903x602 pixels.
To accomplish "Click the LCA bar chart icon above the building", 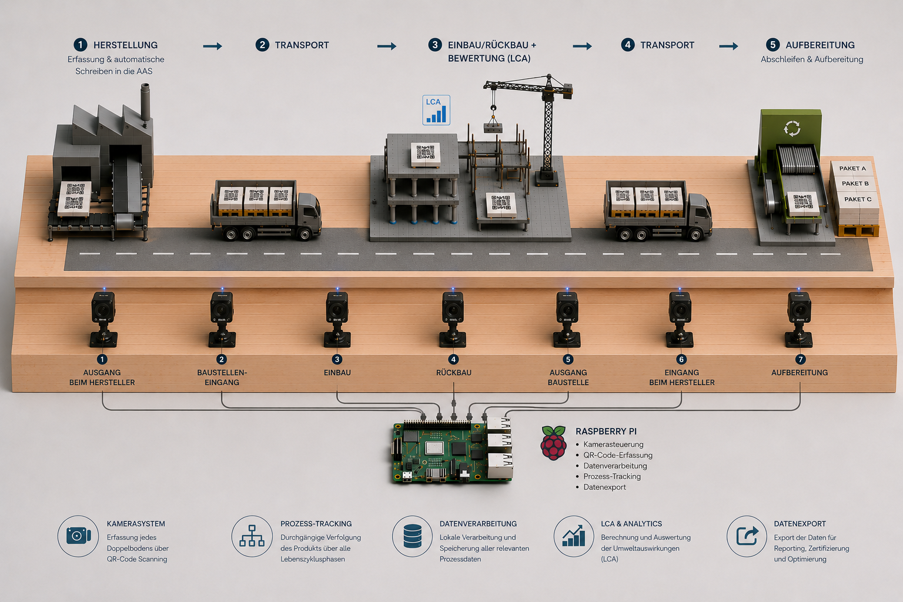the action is click(x=436, y=110).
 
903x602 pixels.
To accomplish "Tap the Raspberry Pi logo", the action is click(x=553, y=443).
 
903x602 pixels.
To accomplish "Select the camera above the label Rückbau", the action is click(x=453, y=319).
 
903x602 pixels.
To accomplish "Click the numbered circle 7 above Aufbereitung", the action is click(x=800, y=359).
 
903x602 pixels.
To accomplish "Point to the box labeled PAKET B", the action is click(x=855, y=183).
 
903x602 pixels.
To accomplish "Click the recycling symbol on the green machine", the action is click(x=792, y=129).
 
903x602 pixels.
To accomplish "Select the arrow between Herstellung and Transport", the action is click(x=212, y=46).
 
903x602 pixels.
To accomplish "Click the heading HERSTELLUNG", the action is click(x=125, y=45).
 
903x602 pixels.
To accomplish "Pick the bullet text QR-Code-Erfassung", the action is click(x=618, y=455).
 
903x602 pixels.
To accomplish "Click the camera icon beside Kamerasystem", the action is click(x=78, y=536).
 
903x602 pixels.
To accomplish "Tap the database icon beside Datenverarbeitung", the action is click(x=412, y=536).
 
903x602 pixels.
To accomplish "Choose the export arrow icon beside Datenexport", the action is click(x=747, y=536).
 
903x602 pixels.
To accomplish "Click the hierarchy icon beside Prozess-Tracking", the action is click(x=252, y=536).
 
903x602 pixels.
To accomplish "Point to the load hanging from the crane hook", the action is click(x=493, y=128).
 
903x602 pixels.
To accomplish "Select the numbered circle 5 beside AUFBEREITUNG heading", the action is click(x=773, y=45).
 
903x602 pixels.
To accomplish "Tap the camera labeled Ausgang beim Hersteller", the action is click(x=103, y=319).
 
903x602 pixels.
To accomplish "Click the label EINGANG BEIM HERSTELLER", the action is click(x=682, y=377).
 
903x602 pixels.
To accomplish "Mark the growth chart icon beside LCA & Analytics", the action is click(x=574, y=536).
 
